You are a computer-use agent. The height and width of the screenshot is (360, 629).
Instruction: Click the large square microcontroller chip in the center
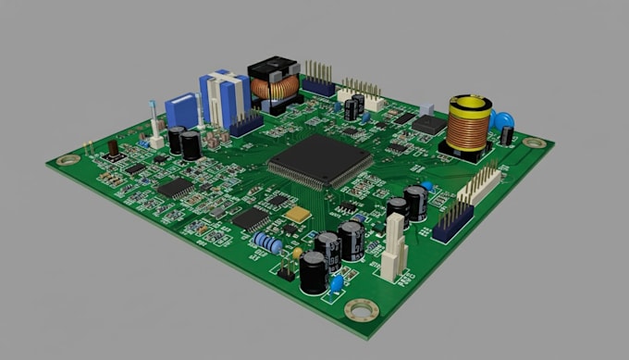point(320,161)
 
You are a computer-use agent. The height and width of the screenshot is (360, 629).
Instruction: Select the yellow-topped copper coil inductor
point(469,125)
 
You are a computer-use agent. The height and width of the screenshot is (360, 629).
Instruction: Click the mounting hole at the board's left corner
point(66,160)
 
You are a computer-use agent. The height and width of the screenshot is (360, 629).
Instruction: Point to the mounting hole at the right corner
point(534,143)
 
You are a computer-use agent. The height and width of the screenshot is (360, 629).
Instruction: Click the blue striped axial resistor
point(268,242)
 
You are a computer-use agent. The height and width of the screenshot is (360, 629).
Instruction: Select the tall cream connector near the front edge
point(394,248)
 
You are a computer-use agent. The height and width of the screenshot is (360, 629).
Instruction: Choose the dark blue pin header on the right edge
point(452,222)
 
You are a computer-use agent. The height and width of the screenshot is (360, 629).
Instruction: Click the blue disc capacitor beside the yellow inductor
point(503,120)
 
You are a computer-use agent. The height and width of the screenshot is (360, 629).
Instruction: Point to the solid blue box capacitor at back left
point(182,110)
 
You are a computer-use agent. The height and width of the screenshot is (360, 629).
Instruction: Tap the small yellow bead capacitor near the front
point(297,253)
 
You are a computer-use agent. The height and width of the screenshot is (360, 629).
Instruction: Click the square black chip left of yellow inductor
point(427,124)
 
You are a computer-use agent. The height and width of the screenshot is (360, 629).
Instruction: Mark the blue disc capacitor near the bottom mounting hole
point(338,281)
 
